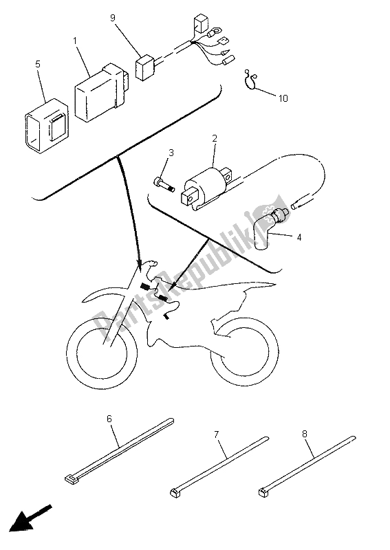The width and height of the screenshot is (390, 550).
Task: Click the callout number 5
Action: coord(38,64)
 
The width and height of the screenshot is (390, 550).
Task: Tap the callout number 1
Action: coord(75,41)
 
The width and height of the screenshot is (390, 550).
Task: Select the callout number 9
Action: coord(113,18)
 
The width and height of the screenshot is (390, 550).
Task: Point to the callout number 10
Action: coord(283,98)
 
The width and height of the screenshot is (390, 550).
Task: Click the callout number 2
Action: coord(214,138)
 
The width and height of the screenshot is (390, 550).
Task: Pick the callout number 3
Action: coord(171,153)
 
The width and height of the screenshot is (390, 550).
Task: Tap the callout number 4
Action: coord(299,237)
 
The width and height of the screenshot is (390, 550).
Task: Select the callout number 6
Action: coord(109,419)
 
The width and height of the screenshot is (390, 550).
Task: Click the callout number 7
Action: coord(216,435)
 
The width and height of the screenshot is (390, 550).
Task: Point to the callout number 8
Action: coord(304,434)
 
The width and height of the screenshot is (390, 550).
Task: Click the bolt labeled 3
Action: coord(164,184)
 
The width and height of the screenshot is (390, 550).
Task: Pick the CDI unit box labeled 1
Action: coord(101,93)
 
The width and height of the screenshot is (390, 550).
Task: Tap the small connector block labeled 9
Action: coord(144,67)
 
